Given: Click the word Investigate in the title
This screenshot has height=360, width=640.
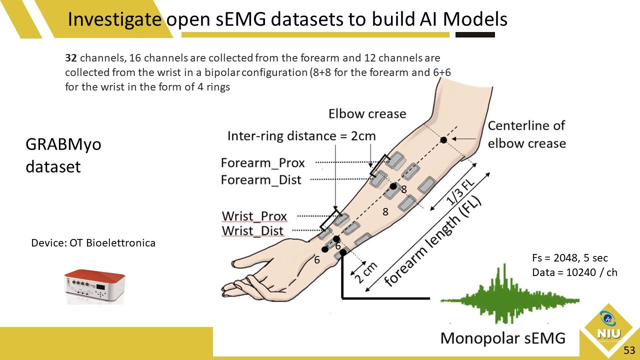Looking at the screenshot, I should (x=114, y=19).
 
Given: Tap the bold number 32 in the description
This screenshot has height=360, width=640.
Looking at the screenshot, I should (x=70, y=58).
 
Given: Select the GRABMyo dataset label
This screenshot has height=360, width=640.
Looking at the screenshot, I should (x=63, y=155).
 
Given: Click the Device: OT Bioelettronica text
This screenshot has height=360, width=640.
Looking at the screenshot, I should (x=93, y=243).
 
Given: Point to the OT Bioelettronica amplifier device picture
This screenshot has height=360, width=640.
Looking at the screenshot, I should (x=93, y=286).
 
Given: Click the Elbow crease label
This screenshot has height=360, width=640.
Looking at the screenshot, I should (x=367, y=114).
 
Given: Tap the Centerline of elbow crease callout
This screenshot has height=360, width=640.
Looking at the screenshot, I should (x=526, y=134).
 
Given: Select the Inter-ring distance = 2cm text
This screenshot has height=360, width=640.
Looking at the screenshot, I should (x=301, y=136).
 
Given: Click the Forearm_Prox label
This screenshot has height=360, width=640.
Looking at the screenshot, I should (x=262, y=163).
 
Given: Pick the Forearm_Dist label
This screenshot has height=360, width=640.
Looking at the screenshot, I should (x=261, y=180).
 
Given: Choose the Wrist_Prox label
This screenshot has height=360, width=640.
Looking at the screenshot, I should (x=254, y=216).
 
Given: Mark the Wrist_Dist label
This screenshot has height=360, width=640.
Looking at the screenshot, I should (x=252, y=231).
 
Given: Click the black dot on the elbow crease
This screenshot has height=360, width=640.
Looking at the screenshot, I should (x=443, y=140).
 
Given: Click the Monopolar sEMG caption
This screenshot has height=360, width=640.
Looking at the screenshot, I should (x=502, y=338).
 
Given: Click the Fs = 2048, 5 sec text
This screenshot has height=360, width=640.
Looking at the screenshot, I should (x=570, y=258).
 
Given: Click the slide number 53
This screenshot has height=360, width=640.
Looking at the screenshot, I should (x=629, y=350).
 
